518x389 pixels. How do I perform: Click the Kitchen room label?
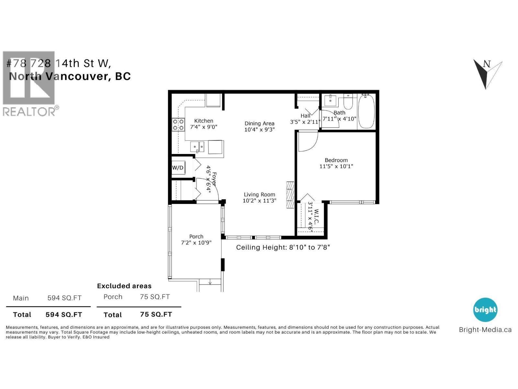[204, 121]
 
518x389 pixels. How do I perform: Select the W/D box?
[178, 168]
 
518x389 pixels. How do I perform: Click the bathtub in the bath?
[366, 111]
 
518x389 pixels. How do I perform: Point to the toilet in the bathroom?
[348, 102]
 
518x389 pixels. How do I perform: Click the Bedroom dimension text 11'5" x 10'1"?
[336, 166]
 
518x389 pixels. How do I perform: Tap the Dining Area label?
[259, 124]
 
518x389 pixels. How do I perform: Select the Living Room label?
[259, 194]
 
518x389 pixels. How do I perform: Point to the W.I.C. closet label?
[316, 217]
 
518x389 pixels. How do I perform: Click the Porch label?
[196, 237]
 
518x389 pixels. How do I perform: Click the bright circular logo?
[485, 310]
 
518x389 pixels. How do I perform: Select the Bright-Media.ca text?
[485, 330]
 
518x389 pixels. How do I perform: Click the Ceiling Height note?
[283, 247]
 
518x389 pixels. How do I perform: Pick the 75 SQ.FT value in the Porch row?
[155, 297]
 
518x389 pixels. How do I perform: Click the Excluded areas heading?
[124, 286]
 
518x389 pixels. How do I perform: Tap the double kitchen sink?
[197, 147]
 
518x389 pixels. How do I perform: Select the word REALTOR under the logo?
[29, 112]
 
